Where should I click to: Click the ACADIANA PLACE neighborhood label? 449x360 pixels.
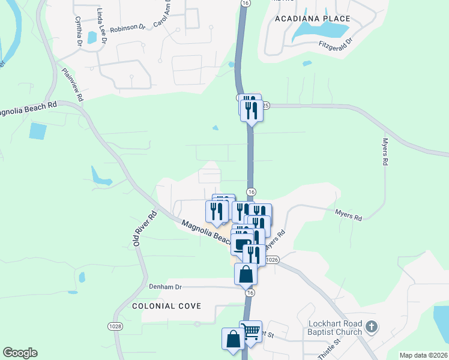(x=312, y=19)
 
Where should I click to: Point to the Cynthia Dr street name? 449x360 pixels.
(x=79, y=31)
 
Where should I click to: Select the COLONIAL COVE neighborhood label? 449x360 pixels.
(x=166, y=306)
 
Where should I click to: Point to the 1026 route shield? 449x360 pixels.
(x=272, y=259)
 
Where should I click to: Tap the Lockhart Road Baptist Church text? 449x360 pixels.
(x=335, y=327)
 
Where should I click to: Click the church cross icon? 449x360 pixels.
(x=372, y=327)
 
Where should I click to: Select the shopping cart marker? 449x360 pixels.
(x=251, y=330)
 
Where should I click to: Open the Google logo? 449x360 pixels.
(x=20, y=353)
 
